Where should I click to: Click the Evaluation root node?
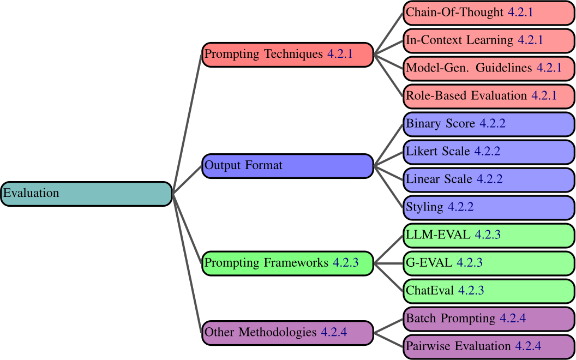[86, 194]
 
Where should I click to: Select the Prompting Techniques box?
[287, 55]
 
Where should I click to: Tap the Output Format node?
[287, 166]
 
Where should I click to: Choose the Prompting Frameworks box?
[287, 263]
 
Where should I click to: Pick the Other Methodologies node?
[287, 332]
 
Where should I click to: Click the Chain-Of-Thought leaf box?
[489, 13]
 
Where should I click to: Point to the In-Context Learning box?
[489, 40]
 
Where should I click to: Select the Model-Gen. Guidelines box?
[489, 68]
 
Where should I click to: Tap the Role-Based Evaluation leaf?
[489, 96]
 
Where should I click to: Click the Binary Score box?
[489, 124]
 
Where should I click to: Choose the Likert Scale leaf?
[489, 152]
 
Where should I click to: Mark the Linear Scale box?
[489, 179]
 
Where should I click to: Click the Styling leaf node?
[489, 207]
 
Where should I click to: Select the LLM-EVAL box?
[489, 235]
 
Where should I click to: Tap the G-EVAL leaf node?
[489, 263]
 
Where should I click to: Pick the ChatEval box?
[489, 291]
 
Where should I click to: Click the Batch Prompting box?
[489, 319]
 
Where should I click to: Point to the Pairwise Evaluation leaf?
[489, 346]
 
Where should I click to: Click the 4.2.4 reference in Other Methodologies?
[334, 332]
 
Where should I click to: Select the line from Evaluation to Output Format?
[187, 180]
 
